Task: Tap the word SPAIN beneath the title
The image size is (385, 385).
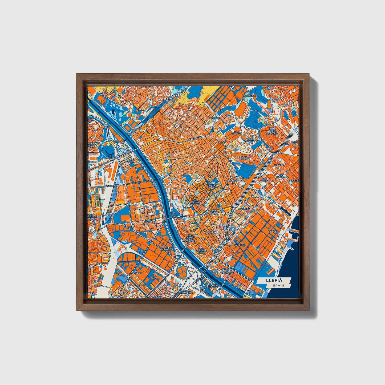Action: click(278, 285)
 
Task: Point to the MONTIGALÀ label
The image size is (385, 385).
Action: click(249, 96)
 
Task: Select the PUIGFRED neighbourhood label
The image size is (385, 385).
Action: click(215, 118)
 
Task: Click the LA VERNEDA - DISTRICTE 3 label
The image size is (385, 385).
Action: click(166, 249)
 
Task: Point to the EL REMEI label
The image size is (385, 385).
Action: click(239, 244)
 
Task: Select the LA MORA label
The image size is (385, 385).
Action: click(273, 231)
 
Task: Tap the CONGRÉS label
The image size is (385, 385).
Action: click(245, 209)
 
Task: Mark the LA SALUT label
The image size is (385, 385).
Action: click(232, 181)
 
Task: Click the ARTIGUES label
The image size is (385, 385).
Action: click(209, 232)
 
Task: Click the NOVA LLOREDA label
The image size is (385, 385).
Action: click(250, 140)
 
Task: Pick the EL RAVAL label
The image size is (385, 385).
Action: click(279, 165)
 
